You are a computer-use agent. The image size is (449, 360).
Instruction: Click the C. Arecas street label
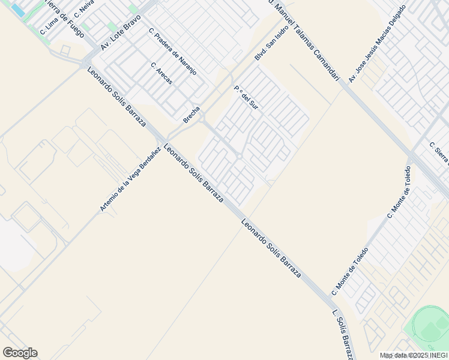161,73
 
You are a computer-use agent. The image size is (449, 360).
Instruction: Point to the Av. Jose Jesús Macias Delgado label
381,43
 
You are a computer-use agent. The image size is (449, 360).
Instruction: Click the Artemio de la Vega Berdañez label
130,179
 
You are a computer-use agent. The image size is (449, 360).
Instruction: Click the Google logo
20,353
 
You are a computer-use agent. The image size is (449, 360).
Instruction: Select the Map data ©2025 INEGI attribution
414,355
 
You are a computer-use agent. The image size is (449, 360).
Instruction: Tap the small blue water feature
18,10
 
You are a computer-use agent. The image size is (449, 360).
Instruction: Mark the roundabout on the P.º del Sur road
239,157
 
